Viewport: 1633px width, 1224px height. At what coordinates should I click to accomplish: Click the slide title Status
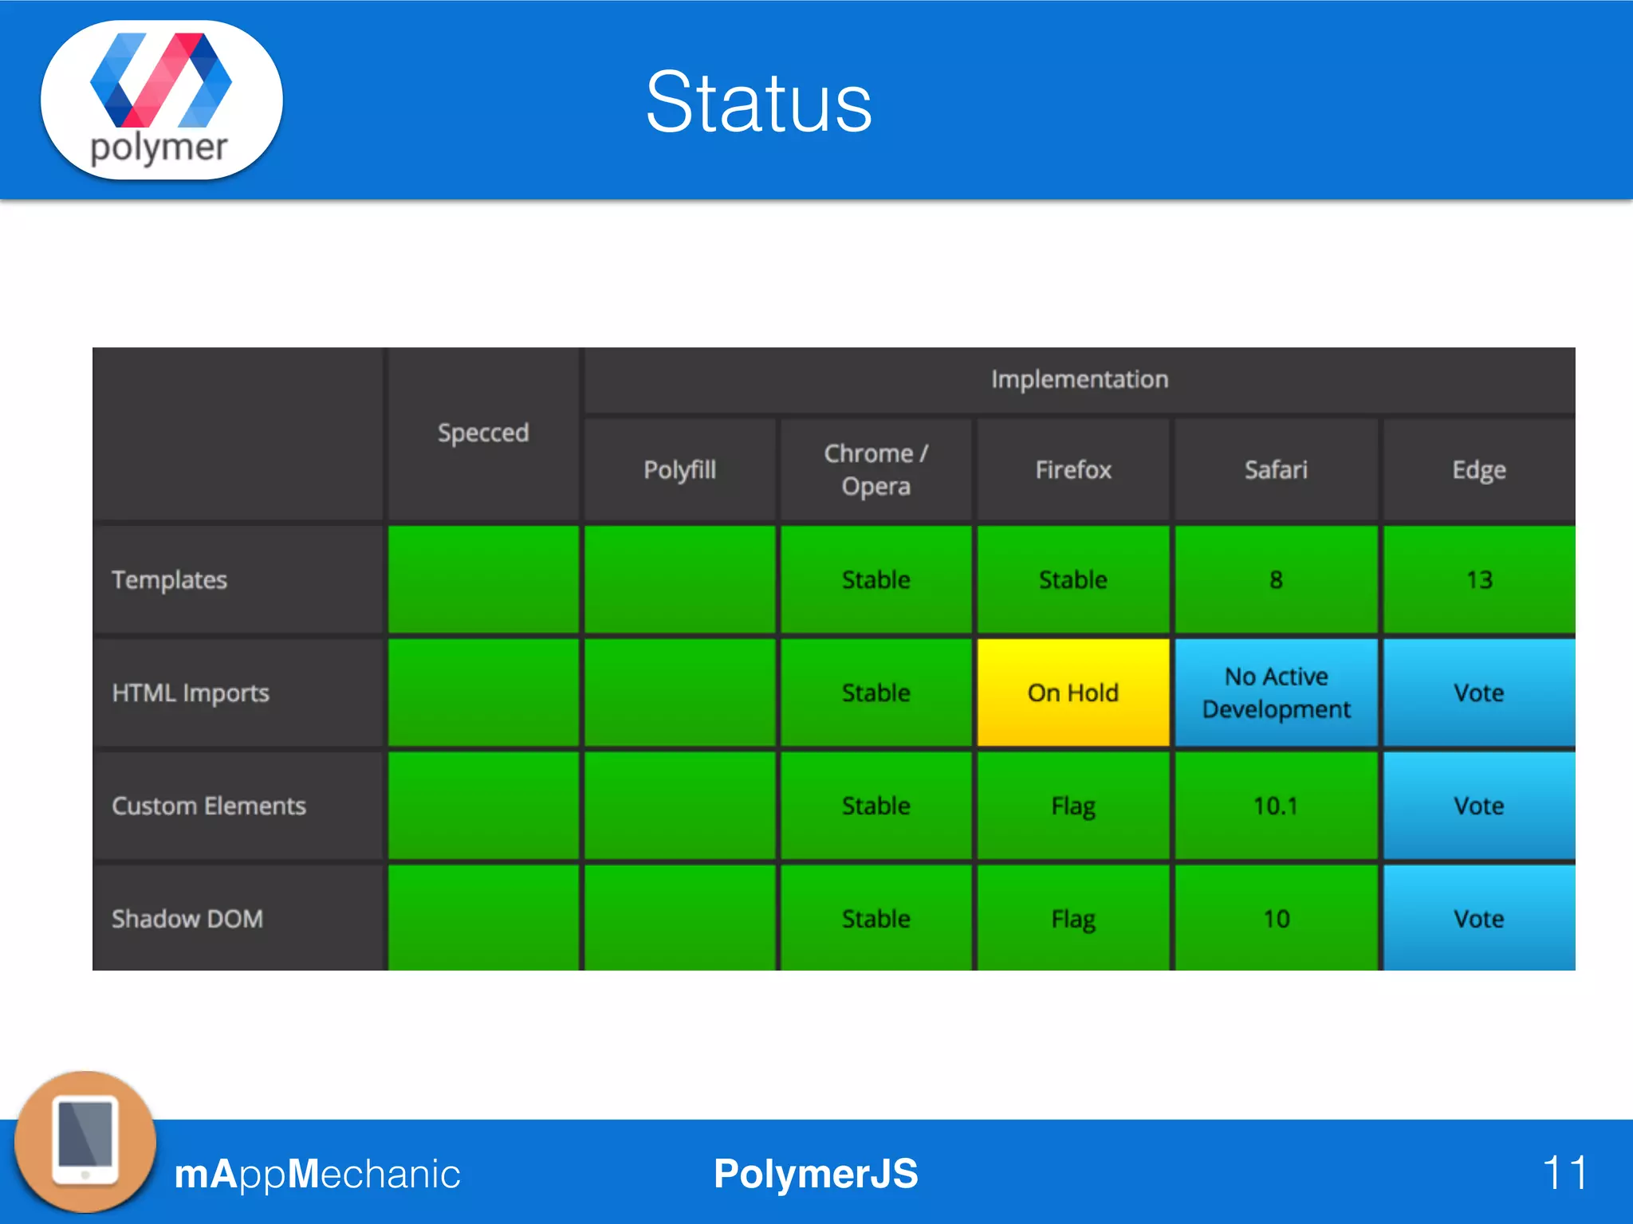(758, 102)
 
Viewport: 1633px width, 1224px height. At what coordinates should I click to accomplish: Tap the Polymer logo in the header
(161, 99)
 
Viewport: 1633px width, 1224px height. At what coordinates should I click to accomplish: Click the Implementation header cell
(1079, 379)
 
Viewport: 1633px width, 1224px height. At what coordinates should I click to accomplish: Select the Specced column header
(483, 433)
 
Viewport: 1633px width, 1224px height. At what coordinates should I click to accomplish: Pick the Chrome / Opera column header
(876, 469)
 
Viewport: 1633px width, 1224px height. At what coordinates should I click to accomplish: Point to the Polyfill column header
(679, 469)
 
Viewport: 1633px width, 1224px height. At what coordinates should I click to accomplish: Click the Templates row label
(170, 579)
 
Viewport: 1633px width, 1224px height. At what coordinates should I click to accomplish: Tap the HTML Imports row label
(191, 692)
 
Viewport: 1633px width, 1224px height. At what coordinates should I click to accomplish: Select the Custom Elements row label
(209, 806)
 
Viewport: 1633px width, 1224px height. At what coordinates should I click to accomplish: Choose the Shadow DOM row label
(187, 919)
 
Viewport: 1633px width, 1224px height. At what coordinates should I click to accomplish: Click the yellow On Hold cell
(1072, 692)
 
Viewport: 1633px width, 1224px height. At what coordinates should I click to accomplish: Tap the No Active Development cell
(1276, 692)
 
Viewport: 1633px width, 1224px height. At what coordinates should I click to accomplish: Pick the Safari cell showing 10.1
(1276, 806)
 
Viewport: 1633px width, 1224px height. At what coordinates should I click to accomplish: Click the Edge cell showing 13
(1479, 579)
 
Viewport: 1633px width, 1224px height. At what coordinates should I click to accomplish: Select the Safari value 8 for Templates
(1276, 579)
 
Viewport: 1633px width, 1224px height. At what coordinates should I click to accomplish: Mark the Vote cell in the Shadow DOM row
(1479, 919)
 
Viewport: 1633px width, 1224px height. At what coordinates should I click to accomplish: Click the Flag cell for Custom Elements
(1072, 806)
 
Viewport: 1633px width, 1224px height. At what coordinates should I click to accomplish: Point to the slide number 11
(1564, 1173)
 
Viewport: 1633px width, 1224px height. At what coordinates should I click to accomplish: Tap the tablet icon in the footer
(85, 1141)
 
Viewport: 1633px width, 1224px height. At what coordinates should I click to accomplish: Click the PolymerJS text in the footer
(816, 1174)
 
